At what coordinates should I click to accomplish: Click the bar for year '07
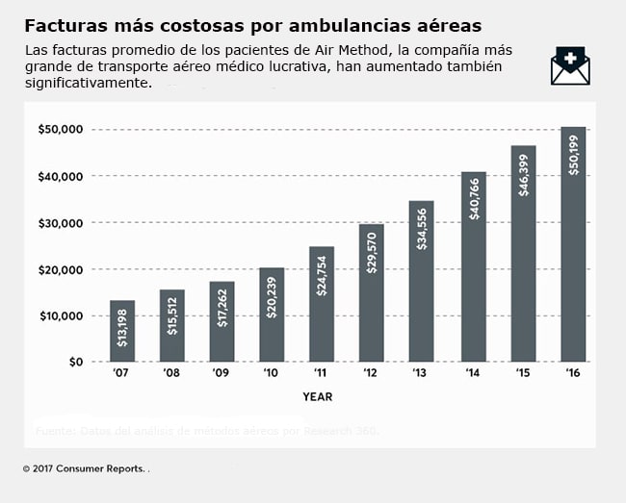point(121,331)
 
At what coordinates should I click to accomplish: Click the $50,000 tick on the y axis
point(61,129)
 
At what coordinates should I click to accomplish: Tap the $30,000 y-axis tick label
point(61,222)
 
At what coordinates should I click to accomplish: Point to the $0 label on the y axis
point(74,362)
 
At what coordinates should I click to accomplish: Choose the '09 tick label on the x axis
point(221,373)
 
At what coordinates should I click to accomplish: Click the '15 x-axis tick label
point(522,373)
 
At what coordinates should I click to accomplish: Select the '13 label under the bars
point(421,373)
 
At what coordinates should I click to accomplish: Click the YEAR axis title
point(318,395)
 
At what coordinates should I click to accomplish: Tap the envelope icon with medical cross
point(570,66)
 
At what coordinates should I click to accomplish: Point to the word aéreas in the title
point(447,24)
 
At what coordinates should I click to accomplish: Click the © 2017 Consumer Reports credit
point(84,468)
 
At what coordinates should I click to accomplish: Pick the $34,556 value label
point(422,227)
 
